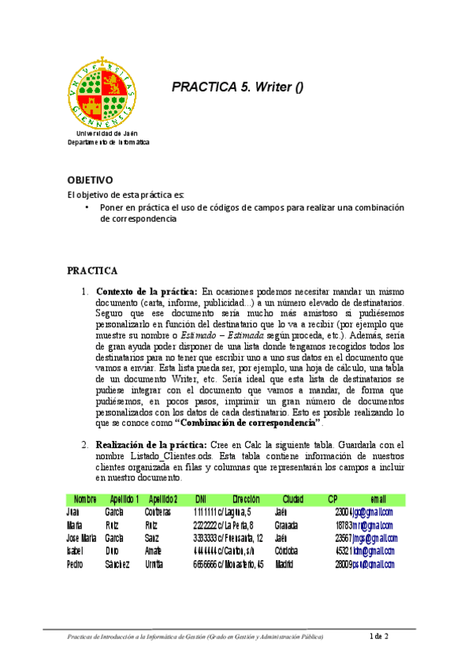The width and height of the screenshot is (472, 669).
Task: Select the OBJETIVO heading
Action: [x=90, y=181]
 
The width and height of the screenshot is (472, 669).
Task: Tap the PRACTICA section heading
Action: [x=92, y=271]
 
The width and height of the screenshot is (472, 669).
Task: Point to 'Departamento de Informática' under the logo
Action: [x=107, y=142]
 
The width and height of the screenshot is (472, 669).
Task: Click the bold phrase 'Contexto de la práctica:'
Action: [x=147, y=291]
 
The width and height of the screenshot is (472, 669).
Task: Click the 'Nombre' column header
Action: [x=85, y=499]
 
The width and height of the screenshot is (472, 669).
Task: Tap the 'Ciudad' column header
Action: [x=293, y=499]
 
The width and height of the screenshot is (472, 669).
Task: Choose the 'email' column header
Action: [x=378, y=499]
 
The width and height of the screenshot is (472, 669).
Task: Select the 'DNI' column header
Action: [x=201, y=499]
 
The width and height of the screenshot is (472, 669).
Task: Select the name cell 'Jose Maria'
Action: [x=83, y=538]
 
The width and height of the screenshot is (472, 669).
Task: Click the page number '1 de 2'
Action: [x=380, y=636]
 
